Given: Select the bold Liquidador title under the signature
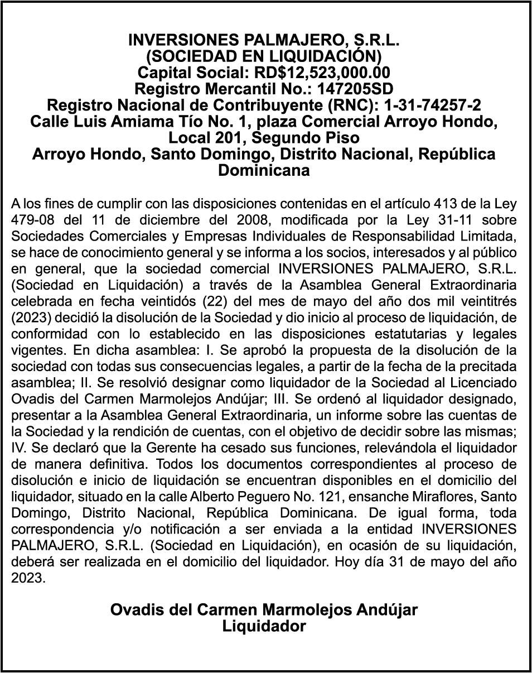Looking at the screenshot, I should point(264,627).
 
